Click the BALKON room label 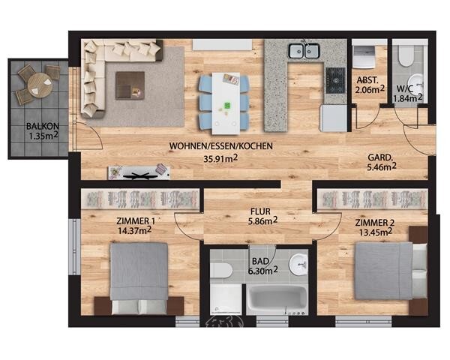pos(43,126)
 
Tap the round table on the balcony pos(40,85)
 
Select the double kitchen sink pos(304,50)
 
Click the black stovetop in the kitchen pos(335,80)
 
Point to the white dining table pos(226,103)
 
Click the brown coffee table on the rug pos(130,85)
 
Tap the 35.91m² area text pos(220,158)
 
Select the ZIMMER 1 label pos(136,221)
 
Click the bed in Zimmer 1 pos(139,278)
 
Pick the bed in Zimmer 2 pos(391,271)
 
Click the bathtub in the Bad pos(277,299)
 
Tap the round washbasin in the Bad pos(298,264)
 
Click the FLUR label pos(260,211)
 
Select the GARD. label pos(380,157)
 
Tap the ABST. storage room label pos(367,80)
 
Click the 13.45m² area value pos(376,232)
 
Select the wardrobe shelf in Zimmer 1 pos(140,199)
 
